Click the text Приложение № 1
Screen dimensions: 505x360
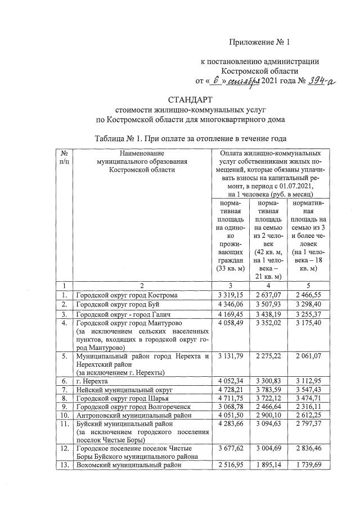tap(262, 42)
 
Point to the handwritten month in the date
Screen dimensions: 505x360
tap(245, 82)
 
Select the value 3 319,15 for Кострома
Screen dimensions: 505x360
tap(228, 295)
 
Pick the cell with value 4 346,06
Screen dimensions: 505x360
tap(228, 304)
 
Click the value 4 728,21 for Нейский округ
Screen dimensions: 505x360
tap(228, 389)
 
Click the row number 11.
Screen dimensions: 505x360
tap(65, 426)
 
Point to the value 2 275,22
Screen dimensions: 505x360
tap(266, 355)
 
